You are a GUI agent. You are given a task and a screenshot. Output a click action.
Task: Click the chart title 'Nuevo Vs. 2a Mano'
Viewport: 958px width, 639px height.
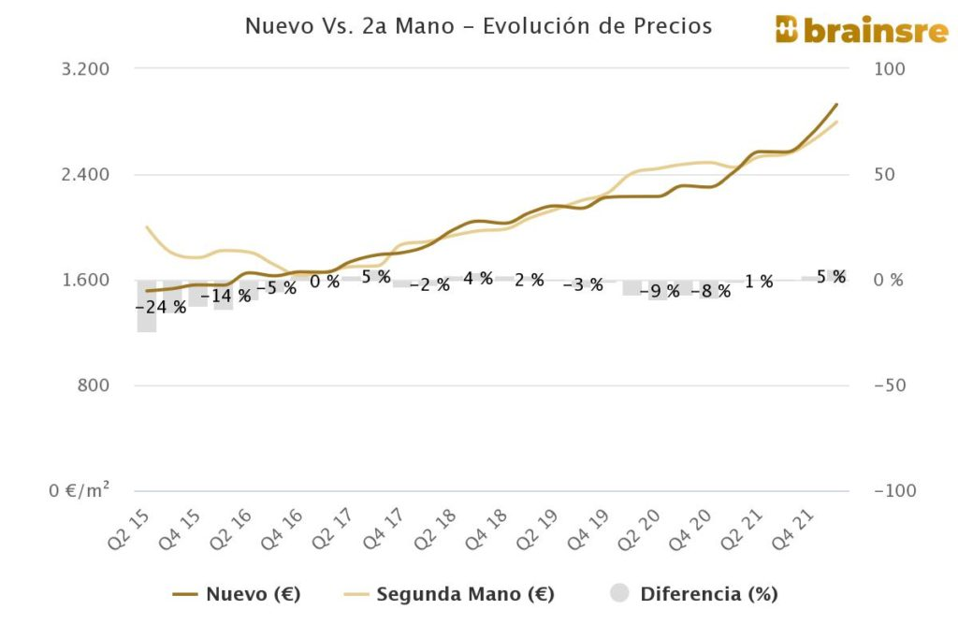click(478, 26)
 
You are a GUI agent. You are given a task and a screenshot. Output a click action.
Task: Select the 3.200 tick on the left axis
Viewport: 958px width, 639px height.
click(86, 69)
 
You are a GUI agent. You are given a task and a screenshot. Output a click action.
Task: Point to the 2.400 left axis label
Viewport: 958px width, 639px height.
click(86, 175)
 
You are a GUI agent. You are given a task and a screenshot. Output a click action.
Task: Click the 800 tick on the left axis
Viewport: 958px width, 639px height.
click(93, 385)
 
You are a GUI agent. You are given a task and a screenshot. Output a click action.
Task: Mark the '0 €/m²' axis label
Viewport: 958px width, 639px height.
click(79, 491)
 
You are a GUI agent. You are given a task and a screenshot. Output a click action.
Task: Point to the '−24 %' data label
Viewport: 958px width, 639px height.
click(160, 307)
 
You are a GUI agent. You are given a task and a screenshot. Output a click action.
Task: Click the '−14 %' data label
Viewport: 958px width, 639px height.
click(225, 296)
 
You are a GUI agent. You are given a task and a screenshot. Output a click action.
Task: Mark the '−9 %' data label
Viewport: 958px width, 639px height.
click(660, 291)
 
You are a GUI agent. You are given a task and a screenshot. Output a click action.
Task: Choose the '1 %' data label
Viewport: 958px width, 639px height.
click(759, 281)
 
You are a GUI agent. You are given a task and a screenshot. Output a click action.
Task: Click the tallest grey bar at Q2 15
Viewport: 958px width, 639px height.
click(146, 306)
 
